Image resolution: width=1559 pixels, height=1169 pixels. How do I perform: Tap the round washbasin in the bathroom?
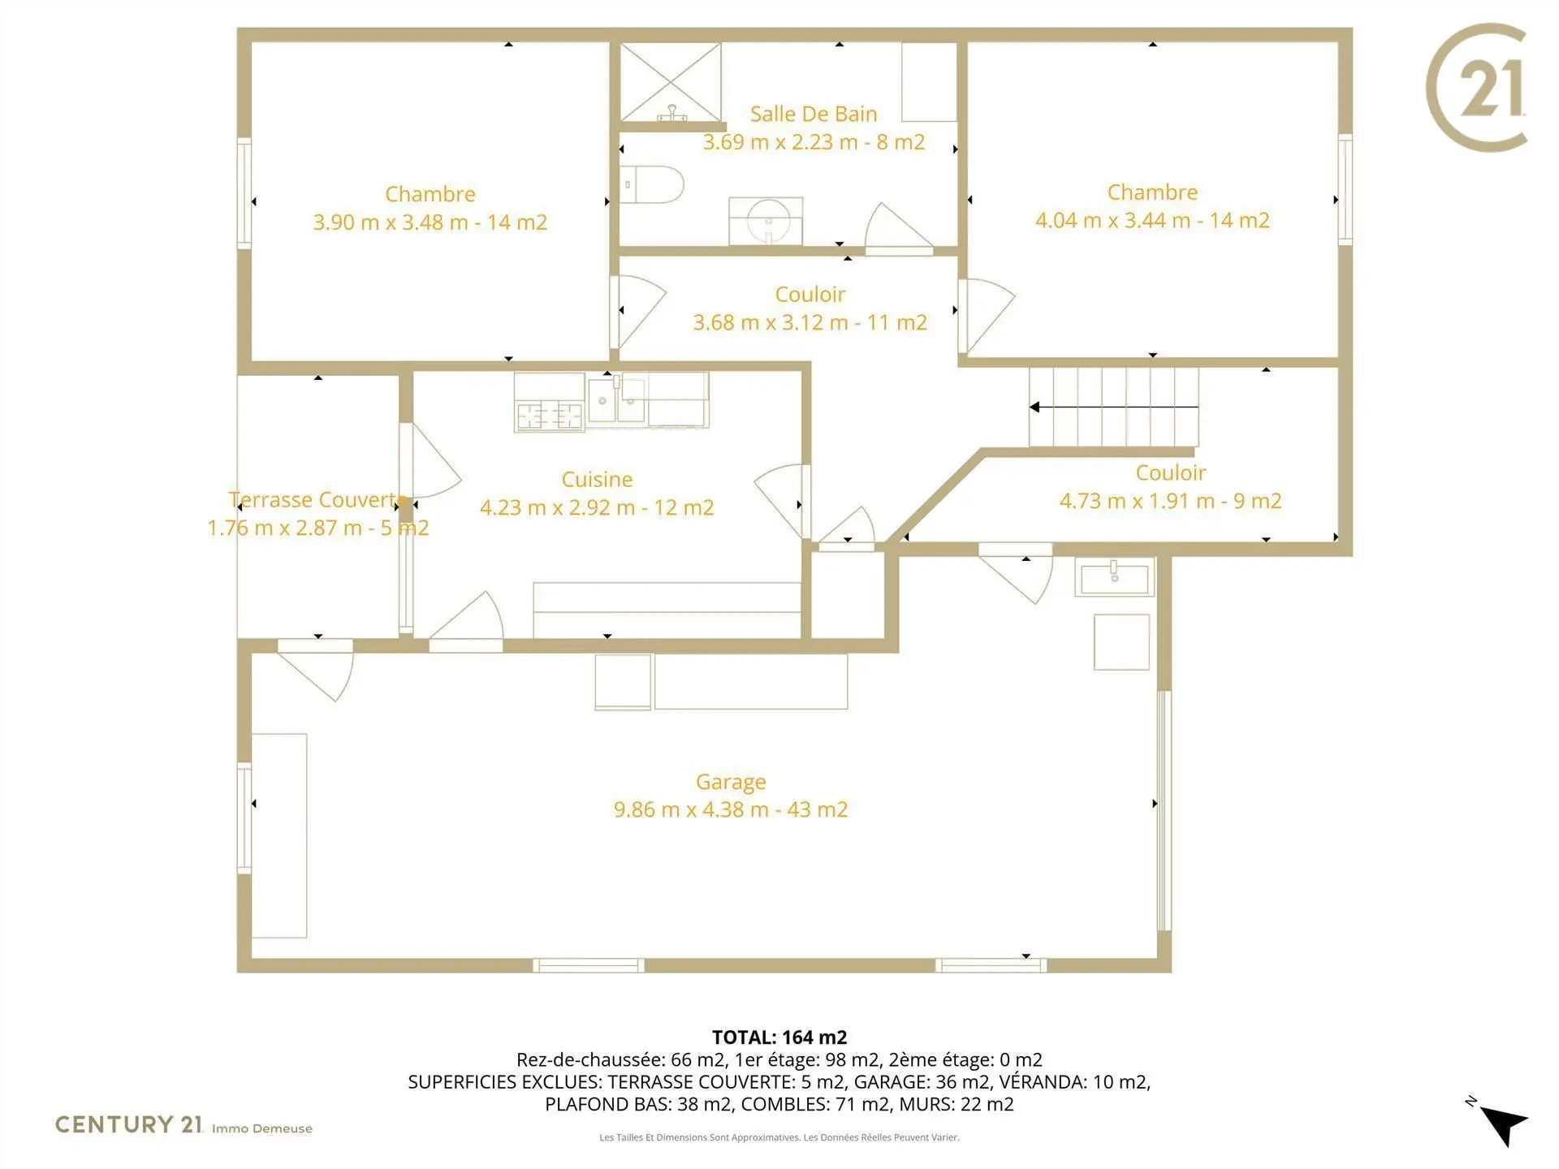coord(767,219)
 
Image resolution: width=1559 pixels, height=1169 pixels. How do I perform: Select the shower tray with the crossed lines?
coord(671,82)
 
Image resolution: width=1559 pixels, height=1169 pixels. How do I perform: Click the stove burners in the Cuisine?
coord(550,416)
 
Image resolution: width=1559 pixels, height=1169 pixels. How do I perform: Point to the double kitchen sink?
coord(617,399)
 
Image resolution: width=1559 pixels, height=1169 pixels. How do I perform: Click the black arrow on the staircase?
coord(1114,407)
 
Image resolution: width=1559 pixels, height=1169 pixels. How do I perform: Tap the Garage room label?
coord(731,782)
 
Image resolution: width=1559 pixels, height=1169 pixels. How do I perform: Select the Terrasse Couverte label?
coord(317,500)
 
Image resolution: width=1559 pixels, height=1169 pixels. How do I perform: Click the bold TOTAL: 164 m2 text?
coord(779,1037)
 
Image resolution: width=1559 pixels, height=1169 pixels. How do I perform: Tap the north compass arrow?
coord(1503,1124)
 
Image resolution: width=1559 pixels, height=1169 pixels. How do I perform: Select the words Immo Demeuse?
coord(261,1128)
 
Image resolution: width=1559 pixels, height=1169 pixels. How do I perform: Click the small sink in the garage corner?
coord(1115,576)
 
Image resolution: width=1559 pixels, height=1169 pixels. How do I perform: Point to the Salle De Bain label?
coord(814,114)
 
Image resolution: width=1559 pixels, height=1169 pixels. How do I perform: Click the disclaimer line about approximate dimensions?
coord(779,1137)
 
